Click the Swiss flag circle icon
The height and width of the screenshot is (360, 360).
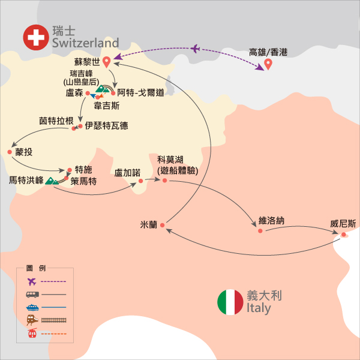(36, 37)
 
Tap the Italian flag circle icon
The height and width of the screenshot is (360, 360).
(230, 302)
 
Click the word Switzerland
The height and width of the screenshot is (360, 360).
(85, 43)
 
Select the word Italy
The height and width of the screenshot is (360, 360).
(259, 308)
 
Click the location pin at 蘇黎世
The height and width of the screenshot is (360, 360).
(107, 61)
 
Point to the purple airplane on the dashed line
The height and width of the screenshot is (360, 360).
(196, 49)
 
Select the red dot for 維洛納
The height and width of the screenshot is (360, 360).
(260, 230)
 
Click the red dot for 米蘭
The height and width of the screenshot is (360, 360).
(162, 226)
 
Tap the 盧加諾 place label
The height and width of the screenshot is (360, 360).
(127, 172)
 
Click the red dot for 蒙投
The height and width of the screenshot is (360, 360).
(10, 152)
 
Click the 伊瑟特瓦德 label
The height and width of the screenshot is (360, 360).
(106, 126)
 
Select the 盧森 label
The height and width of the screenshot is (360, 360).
(74, 93)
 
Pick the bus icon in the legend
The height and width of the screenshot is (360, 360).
(31, 294)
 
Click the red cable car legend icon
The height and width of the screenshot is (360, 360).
(31, 334)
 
